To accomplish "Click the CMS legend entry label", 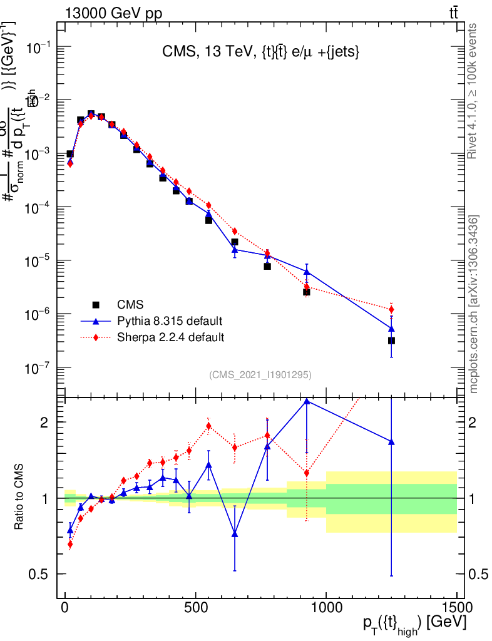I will coord(130,305).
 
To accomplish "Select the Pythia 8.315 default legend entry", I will coord(169,321).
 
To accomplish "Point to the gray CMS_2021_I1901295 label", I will coord(260,374).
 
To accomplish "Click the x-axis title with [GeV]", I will coord(413,626).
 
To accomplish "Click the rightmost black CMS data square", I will coord(391,341).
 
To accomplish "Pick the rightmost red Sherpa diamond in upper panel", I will coord(391,309).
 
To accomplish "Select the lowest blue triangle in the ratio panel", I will coord(235,533).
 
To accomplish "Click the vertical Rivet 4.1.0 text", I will coord(473,91).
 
